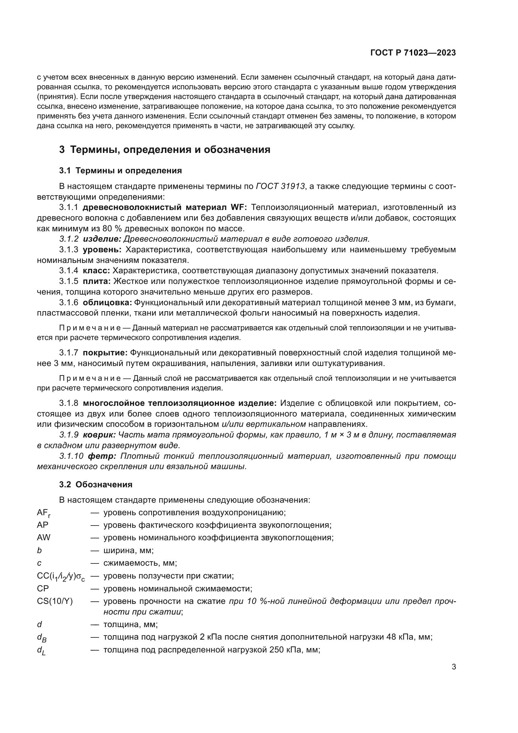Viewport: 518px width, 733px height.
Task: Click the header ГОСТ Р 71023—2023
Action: pos(413,53)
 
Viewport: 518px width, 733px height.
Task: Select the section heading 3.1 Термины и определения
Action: pos(120,171)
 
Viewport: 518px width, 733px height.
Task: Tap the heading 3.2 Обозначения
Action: pos(96,484)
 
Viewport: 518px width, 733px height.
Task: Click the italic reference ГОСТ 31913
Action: pos(280,186)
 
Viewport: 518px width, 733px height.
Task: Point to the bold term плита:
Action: pos(97,281)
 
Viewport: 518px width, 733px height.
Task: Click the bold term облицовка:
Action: pos(107,302)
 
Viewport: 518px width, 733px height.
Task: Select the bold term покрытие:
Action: pos(105,353)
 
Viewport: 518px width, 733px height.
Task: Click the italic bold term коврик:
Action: pos(100,435)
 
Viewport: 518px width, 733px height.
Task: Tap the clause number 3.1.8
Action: pos(69,404)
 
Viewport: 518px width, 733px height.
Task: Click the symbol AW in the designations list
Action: pos(44,537)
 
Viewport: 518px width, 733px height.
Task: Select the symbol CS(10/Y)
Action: pos(55,601)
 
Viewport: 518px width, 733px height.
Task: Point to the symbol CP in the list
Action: pos(43,589)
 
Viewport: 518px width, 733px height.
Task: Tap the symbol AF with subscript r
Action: pos(44,513)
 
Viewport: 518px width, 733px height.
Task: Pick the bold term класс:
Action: pos(96,271)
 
